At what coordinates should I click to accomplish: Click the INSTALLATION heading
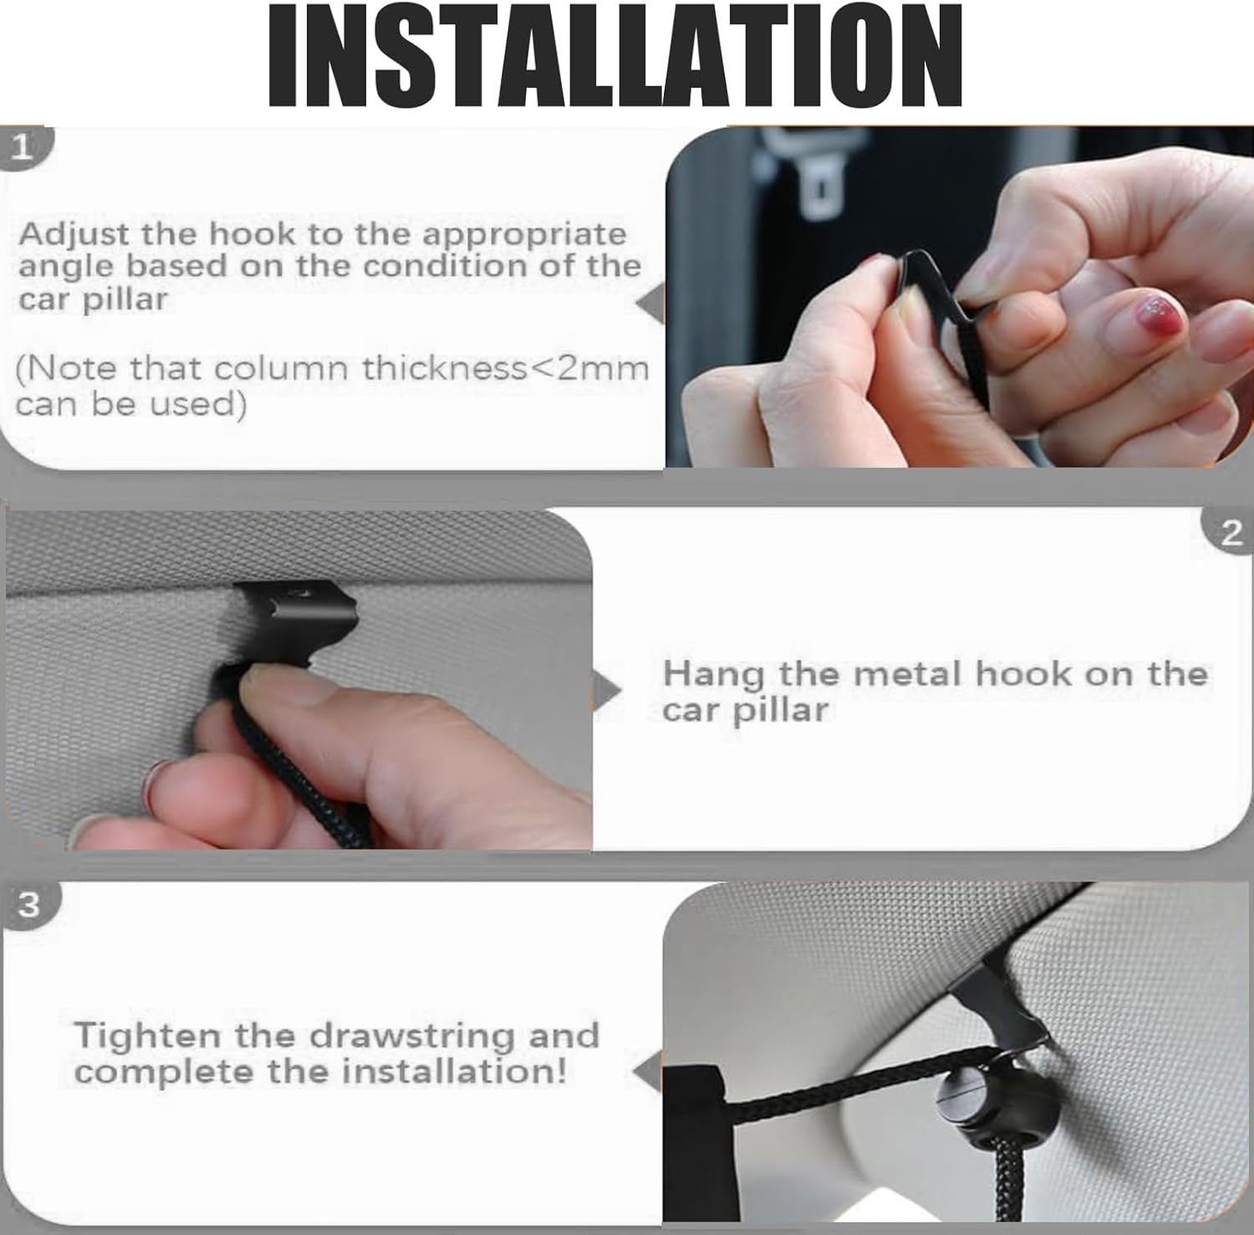click(x=614, y=57)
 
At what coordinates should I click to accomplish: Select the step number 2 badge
click(x=1231, y=532)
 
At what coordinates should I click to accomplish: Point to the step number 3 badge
click(x=29, y=904)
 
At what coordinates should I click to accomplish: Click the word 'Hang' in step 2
click(x=712, y=675)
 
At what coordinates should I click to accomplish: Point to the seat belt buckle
click(x=823, y=186)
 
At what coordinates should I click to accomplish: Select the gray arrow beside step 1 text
click(x=650, y=302)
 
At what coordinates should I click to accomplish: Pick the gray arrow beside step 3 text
click(x=648, y=1071)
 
